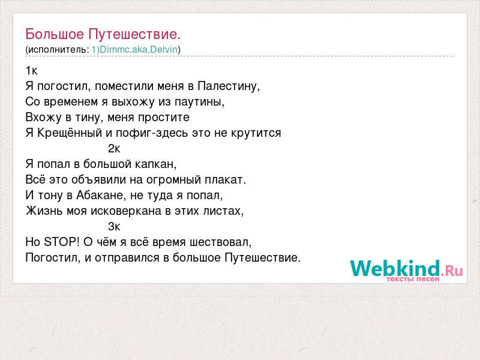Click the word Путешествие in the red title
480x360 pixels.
(134, 34)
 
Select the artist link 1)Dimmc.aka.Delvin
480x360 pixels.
(134, 49)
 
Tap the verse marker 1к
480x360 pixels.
(31, 71)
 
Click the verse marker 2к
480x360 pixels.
(114, 149)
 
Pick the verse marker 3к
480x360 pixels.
(114, 227)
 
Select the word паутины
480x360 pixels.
(199, 102)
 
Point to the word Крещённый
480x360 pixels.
(70, 133)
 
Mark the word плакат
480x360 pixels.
(226, 179)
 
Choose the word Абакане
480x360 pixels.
(101, 196)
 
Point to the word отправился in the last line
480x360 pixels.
(127, 258)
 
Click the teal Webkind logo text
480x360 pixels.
(395, 268)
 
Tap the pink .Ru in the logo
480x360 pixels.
(452, 271)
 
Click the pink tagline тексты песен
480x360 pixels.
(413, 279)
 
